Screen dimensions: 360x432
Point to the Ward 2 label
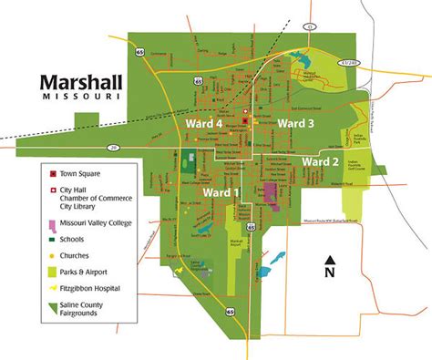click(320, 161)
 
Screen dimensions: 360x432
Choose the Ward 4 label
click(204, 122)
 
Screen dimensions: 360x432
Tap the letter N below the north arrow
click(330, 273)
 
